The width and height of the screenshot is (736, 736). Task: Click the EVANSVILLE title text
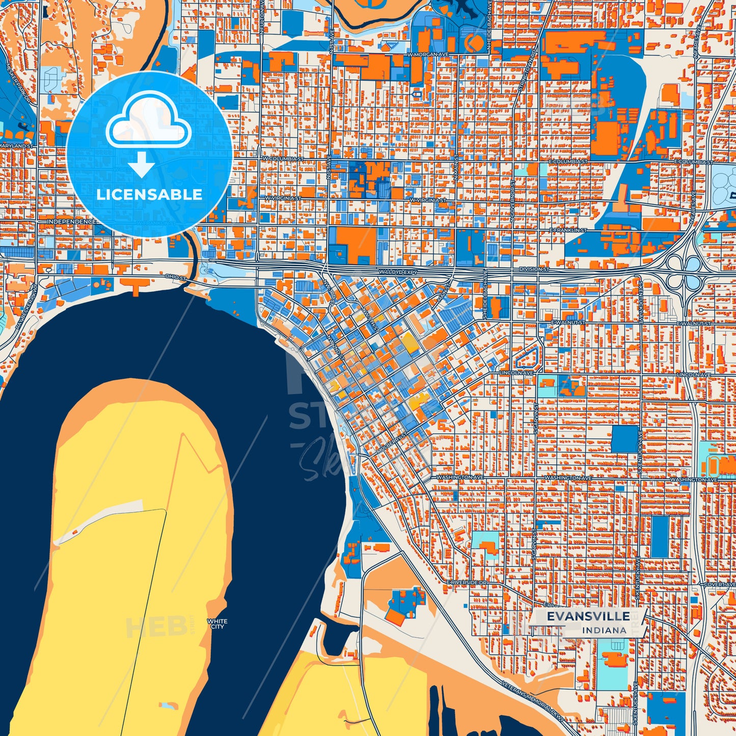click(x=588, y=616)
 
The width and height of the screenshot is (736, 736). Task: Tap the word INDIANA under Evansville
click(x=604, y=631)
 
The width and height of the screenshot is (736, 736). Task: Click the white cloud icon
click(x=148, y=122)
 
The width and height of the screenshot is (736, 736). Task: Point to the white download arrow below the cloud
click(x=142, y=165)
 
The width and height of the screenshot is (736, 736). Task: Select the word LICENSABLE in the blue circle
click(x=149, y=195)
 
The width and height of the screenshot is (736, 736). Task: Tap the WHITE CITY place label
click(x=217, y=624)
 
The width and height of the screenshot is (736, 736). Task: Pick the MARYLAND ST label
click(x=16, y=146)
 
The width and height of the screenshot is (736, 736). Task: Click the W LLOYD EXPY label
click(x=398, y=272)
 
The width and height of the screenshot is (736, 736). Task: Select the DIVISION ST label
click(x=534, y=269)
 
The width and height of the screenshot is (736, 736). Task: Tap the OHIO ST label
click(x=175, y=277)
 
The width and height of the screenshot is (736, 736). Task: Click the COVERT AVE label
click(x=719, y=585)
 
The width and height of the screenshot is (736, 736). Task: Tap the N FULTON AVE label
click(x=261, y=17)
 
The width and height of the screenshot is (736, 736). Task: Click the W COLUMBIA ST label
click(x=283, y=159)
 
